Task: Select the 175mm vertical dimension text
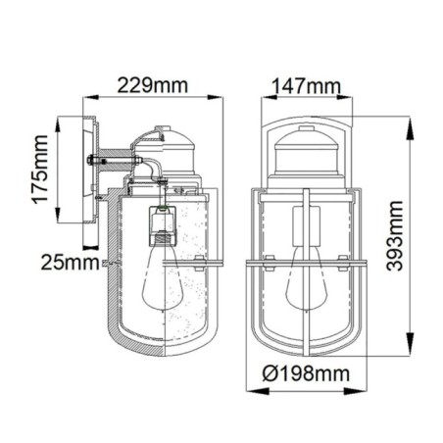(40, 172)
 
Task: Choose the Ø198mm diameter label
(309, 373)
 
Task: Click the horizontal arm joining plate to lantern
(115, 155)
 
